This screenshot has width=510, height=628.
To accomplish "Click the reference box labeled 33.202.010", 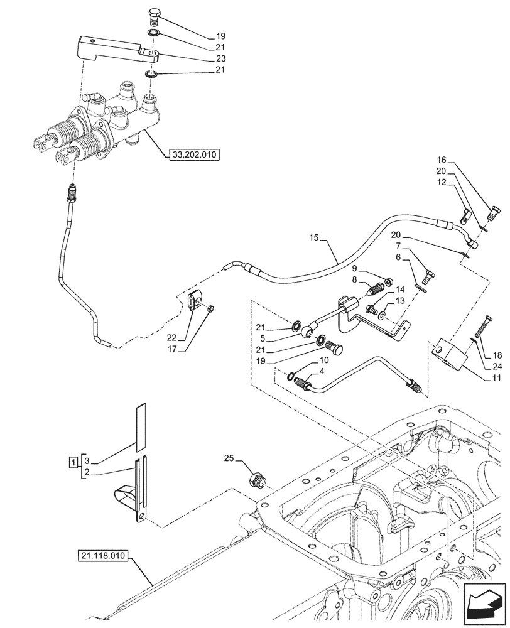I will [195, 154].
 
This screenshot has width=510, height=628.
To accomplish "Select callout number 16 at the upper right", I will [442, 160].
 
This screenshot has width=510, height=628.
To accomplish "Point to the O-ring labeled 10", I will [291, 377].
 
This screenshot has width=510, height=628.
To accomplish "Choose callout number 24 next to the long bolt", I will [497, 367].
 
